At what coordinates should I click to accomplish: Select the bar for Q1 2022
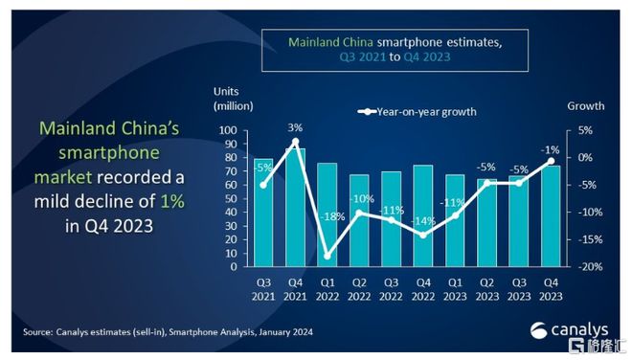[327, 214]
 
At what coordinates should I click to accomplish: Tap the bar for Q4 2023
[552, 215]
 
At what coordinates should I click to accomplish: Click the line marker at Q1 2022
[327, 256]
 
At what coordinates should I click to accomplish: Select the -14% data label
[422, 221]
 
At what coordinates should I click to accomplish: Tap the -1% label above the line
[552, 148]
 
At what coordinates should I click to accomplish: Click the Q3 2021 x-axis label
[262, 289]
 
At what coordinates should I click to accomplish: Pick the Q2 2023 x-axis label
[487, 289]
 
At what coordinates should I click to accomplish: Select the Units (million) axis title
[233, 97]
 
